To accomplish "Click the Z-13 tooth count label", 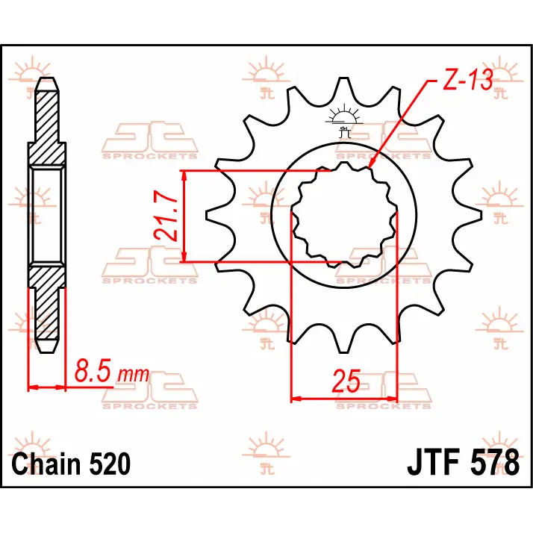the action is [468, 80].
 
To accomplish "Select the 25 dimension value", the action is [346, 381].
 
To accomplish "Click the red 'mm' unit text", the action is [133, 374].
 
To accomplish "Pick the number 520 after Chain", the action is [110, 464].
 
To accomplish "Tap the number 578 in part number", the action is [495, 462].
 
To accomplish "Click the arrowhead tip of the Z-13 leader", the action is [369, 168].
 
